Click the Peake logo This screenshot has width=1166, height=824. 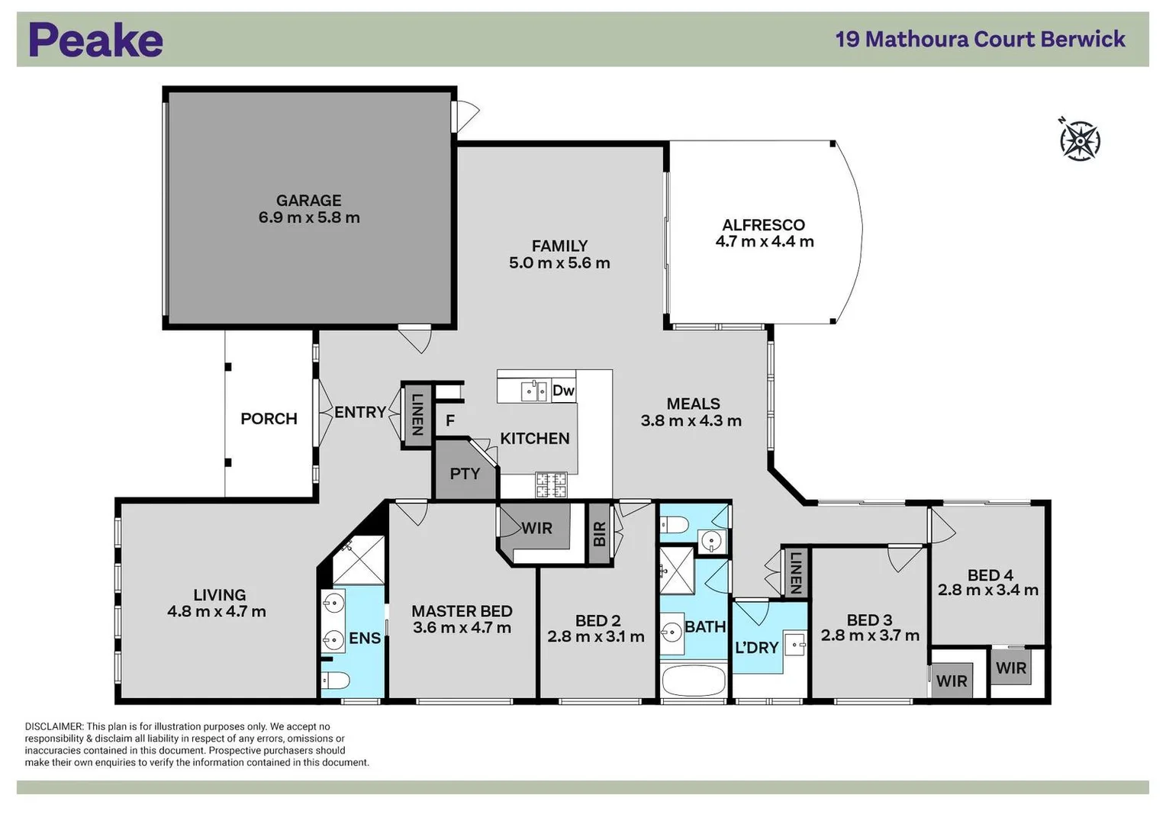96,40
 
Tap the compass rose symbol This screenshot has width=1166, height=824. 1079,140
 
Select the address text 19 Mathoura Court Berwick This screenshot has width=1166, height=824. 980,39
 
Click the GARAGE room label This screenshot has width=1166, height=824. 308,201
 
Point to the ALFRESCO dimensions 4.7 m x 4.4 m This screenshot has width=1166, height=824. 764,242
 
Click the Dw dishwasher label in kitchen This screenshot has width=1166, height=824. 563,391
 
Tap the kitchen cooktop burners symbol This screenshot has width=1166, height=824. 551,484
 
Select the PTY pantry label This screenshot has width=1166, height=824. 465,474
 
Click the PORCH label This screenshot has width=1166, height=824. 269,419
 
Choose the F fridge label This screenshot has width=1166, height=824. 450,420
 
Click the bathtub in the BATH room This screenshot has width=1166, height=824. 694,680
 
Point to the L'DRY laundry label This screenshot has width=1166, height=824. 756,648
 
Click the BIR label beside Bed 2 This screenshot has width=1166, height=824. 600,533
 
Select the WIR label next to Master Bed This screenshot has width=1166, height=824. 536,528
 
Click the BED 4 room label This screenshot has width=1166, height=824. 990,575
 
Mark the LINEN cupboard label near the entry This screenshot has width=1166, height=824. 417,414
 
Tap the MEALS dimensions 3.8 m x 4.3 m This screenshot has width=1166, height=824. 691,421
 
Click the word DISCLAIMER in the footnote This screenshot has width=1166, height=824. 53,726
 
